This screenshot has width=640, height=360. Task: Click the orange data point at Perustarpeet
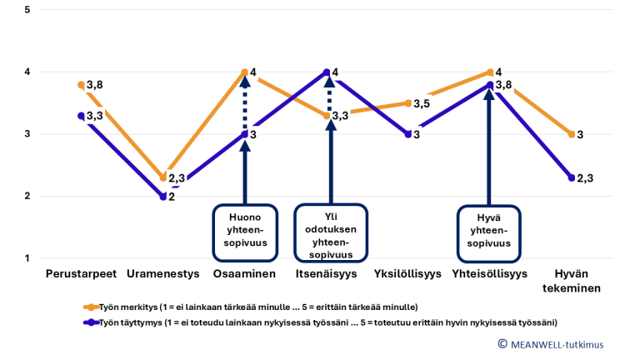click(x=82, y=85)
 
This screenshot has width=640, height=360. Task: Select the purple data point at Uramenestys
click(x=163, y=197)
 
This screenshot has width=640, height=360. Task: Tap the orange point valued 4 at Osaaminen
click(x=245, y=72)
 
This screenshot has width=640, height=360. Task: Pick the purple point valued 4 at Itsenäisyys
click(x=327, y=72)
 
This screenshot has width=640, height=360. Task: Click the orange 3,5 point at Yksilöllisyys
click(x=408, y=103)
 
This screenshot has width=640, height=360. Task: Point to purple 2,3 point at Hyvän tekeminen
click(x=572, y=177)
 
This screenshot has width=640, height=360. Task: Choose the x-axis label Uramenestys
click(x=163, y=273)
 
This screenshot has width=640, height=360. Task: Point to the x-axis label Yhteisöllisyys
click(x=490, y=273)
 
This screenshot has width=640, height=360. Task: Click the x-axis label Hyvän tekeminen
click(x=572, y=281)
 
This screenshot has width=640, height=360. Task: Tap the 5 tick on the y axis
click(x=27, y=10)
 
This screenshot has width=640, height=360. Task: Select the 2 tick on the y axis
click(x=27, y=197)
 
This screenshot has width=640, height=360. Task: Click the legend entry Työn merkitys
click(x=250, y=307)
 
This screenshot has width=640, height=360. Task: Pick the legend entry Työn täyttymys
click(x=317, y=322)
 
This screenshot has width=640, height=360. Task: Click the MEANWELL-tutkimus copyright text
click(x=551, y=343)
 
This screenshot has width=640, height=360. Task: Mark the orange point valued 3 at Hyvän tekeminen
click(x=572, y=134)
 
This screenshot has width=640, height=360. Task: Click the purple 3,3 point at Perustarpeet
click(x=82, y=116)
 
